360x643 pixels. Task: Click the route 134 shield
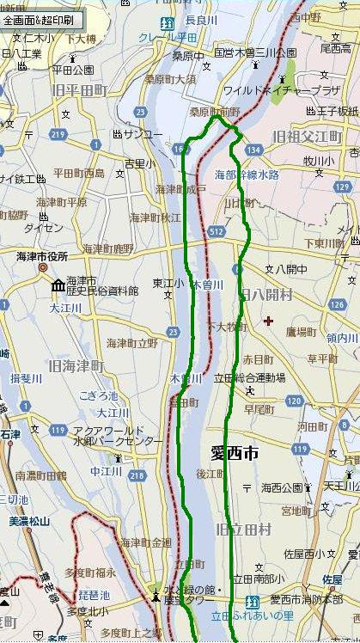click(x=253, y=150)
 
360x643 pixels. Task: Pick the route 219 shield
click(x=59, y=135)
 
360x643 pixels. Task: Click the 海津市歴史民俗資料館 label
click(x=102, y=291)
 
